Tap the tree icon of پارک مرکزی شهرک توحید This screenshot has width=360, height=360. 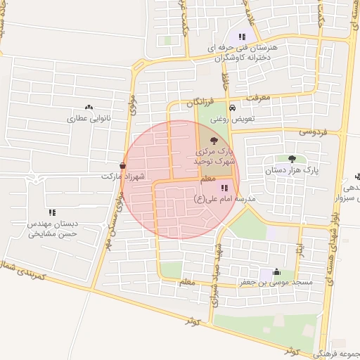(x=214, y=141)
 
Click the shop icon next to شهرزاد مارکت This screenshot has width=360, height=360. (x=123, y=165)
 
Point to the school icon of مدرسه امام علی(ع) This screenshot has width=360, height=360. (x=224, y=188)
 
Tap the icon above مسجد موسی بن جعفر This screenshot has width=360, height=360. (x=276, y=272)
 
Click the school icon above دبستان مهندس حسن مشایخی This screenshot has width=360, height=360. (x=52, y=212)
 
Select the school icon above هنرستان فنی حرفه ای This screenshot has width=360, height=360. (x=243, y=37)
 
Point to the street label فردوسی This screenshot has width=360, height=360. (x=314, y=131)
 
